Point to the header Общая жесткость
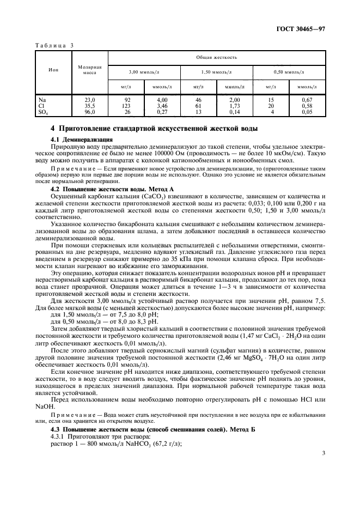(217, 57)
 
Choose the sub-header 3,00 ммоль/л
(144, 71)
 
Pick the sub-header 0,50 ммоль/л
(290, 71)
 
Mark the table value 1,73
(235, 106)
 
